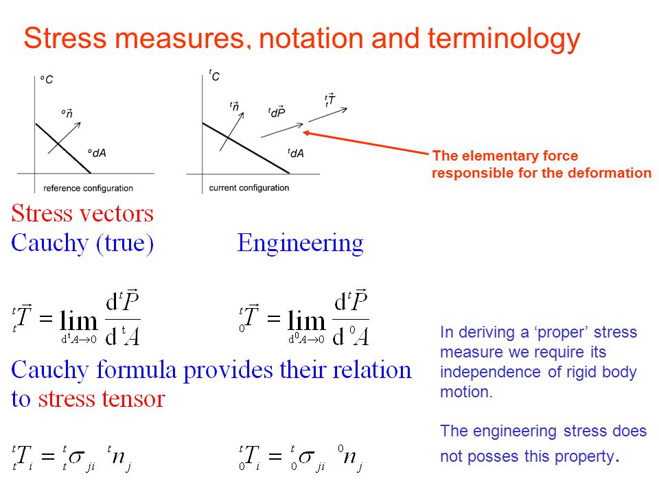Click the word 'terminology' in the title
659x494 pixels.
[x=504, y=38]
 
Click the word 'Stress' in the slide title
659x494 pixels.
[x=65, y=38]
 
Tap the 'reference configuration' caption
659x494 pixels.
[x=89, y=188]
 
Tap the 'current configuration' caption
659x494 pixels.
[x=248, y=188]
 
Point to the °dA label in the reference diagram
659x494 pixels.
[x=97, y=153]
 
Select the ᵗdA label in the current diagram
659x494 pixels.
[x=296, y=153]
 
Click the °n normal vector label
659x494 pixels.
[x=67, y=113]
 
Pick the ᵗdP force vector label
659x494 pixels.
[x=277, y=111]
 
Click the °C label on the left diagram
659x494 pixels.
[x=47, y=80]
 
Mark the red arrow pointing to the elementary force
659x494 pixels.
[x=366, y=143]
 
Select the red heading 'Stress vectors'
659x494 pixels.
[x=82, y=213]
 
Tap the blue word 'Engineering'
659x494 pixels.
[x=300, y=243]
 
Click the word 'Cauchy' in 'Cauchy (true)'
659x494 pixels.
[x=50, y=243]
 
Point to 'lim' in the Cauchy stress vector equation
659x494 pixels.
[x=78, y=321]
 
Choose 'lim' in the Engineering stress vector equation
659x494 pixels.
[x=306, y=321]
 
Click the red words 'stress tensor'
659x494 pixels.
[x=102, y=399]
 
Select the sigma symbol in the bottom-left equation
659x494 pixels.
[x=76, y=457]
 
